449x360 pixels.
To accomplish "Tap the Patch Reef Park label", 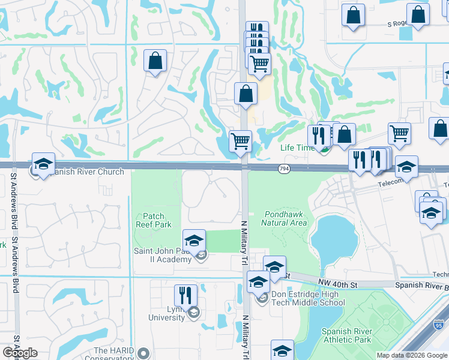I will pos(157,220).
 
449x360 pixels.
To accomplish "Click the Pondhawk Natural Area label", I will pos(285,218).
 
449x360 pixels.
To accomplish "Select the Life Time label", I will pos(298,148).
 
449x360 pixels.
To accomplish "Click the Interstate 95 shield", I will pos(439,327).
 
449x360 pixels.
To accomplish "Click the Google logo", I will pos(20,353).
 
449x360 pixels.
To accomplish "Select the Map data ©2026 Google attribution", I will pos(412,355).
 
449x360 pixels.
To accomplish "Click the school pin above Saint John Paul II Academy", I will pos(194,241).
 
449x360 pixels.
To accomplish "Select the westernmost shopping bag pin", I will pos(155,61).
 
